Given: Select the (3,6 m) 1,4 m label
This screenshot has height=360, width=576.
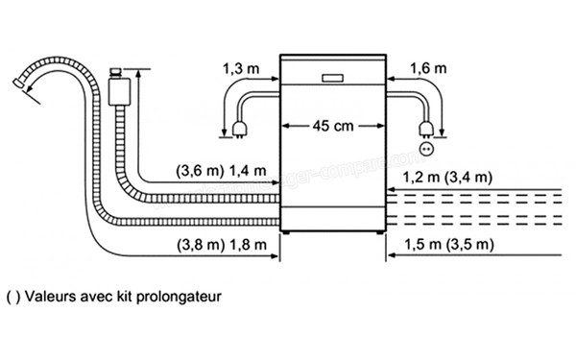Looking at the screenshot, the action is click(220, 173).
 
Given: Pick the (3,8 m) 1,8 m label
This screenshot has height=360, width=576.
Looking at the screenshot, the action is click(220, 245).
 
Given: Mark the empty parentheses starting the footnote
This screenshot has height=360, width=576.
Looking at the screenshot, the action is click(12, 296).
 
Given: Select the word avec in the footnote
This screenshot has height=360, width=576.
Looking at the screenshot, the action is click(104, 296).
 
